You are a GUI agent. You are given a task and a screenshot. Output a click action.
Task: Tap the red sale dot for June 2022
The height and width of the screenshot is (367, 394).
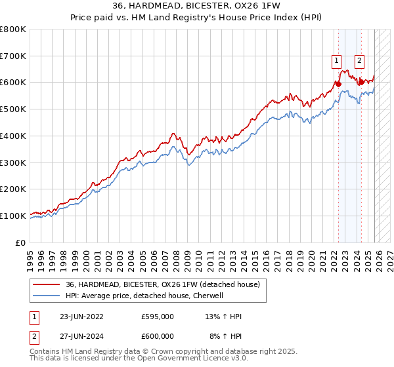point(338,84)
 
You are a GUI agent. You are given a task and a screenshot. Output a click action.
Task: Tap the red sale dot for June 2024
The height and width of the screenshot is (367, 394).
point(361,83)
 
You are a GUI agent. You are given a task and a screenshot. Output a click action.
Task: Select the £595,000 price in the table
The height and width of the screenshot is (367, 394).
point(158,317)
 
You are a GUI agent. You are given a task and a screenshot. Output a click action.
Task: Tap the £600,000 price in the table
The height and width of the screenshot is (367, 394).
point(158,336)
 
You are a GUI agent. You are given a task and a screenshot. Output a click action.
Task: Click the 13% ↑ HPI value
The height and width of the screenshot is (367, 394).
point(223,317)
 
